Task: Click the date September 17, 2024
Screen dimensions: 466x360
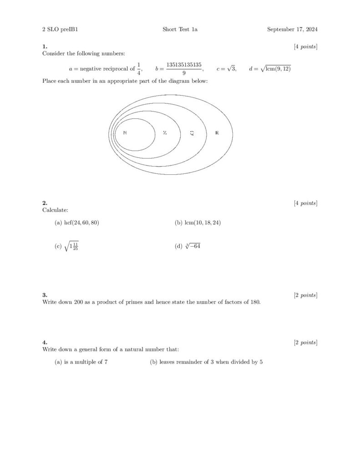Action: (x=292, y=30)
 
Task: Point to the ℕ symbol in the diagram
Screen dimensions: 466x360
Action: (x=125, y=133)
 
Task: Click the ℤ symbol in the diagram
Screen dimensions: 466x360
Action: (x=165, y=133)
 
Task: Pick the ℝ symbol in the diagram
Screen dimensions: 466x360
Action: (x=217, y=133)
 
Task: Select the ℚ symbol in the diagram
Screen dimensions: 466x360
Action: (x=192, y=133)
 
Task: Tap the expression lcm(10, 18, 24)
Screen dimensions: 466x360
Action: (x=202, y=223)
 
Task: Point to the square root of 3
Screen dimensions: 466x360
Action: (x=230, y=68)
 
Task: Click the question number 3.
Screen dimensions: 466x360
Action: (x=44, y=295)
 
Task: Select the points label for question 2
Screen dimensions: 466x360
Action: (x=305, y=203)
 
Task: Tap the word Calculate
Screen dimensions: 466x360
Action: (x=55, y=210)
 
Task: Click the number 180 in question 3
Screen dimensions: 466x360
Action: (x=255, y=302)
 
